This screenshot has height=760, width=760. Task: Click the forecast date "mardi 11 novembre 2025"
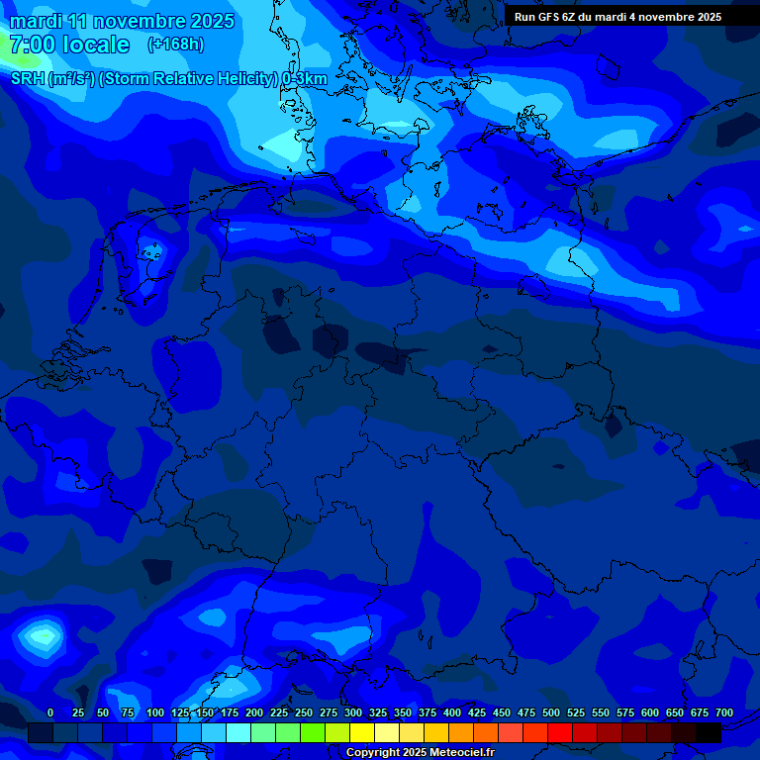click(x=122, y=21)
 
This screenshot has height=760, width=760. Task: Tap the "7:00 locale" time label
click(x=69, y=45)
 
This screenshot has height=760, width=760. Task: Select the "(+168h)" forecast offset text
click(x=175, y=45)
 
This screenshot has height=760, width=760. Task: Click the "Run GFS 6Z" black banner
click(x=617, y=17)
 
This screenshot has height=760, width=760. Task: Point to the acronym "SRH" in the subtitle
click(x=27, y=79)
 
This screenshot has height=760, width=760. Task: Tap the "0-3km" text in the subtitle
click(x=305, y=79)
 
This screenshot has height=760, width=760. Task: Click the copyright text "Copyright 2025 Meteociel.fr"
click(x=420, y=753)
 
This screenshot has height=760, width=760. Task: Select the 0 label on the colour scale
click(x=50, y=712)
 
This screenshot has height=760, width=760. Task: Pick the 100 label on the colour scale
click(x=155, y=712)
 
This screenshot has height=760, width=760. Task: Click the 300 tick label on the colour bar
click(x=353, y=712)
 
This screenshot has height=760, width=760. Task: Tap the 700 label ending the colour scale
click(x=724, y=712)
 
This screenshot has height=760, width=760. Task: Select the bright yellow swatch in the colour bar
click(x=362, y=732)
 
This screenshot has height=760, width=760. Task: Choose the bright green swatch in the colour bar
click(x=313, y=732)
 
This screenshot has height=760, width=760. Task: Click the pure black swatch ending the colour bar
click(x=709, y=732)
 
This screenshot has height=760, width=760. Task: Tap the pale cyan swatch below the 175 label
click(x=238, y=732)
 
